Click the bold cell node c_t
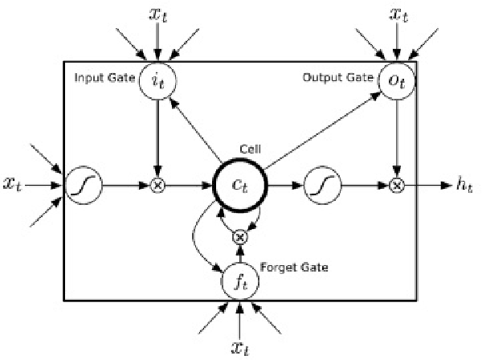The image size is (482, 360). coord(239,185)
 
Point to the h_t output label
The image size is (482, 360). coord(464,185)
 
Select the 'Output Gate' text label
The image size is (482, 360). coord(338,78)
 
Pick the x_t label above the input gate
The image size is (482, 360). coord(158,14)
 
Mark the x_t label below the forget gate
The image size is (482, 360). coord(239,346)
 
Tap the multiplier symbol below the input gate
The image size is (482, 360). coord(158,185)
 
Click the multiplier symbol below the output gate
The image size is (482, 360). coord(395,185)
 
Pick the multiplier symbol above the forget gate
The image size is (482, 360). coord(239,237)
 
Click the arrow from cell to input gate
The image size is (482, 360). coord(196,129)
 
